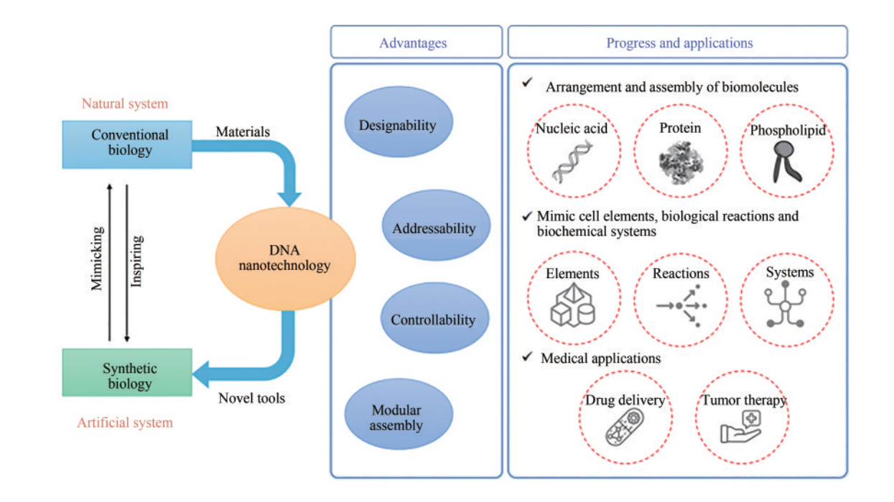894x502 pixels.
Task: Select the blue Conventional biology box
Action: pyautogui.click(x=127, y=144)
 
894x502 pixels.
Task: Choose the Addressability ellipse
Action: pyautogui.click(x=434, y=228)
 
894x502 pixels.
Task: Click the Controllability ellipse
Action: pyautogui.click(x=434, y=320)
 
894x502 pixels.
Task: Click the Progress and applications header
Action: pyautogui.click(x=678, y=42)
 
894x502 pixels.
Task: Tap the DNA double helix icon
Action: pyautogui.click(x=573, y=162)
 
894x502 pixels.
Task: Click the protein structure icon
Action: pyautogui.click(x=679, y=162)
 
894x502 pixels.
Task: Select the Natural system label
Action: pyautogui.click(x=124, y=103)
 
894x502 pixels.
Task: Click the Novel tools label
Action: pyautogui.click(x=251, y=397)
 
